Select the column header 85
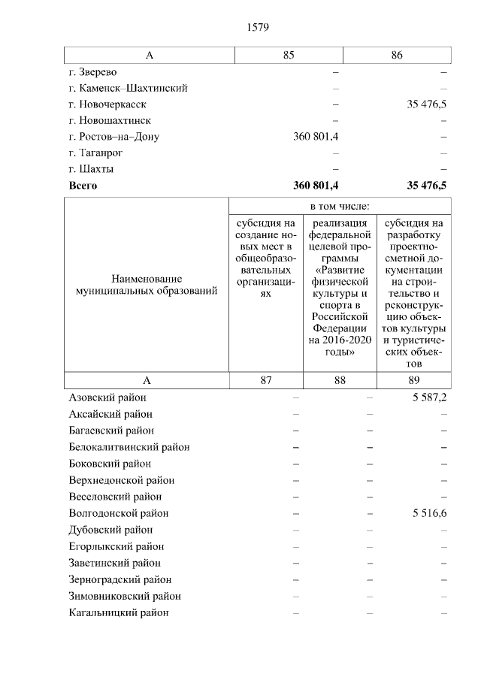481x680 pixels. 289,55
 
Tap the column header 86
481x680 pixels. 397,55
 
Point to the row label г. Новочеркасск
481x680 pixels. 107,104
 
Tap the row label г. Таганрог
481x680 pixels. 95,153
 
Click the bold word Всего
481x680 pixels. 83,186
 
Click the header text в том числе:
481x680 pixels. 340,206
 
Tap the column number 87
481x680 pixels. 266,380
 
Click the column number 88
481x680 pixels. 340,380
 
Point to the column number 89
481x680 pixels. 414,380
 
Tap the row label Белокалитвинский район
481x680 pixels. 129,447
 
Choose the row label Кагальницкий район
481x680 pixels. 118,612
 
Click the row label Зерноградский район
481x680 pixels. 119,579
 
